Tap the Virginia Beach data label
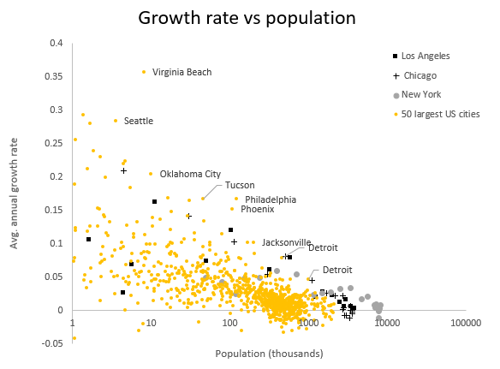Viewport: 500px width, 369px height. [x=182, y=73]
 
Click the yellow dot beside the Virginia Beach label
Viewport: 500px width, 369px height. [x=144, y=72]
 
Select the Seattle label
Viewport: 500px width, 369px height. [x=139, y=121]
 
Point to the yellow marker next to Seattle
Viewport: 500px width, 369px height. [x=116, y=121]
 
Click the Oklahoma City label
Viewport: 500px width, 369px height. [x=190, y=174]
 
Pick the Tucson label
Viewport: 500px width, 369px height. [x=240, y=185]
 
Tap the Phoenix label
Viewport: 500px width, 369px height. [x=258, y=209]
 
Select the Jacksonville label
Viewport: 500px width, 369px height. [x=286, y=242]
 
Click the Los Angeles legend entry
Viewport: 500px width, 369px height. [x=426, y=57]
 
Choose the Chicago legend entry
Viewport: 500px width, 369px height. [x=419, y=75]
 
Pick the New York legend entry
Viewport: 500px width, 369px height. [x=422, y=94]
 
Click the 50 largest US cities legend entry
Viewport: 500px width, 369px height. [x=440, y=113]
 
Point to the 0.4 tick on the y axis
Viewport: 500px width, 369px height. [x=56, y=43]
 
